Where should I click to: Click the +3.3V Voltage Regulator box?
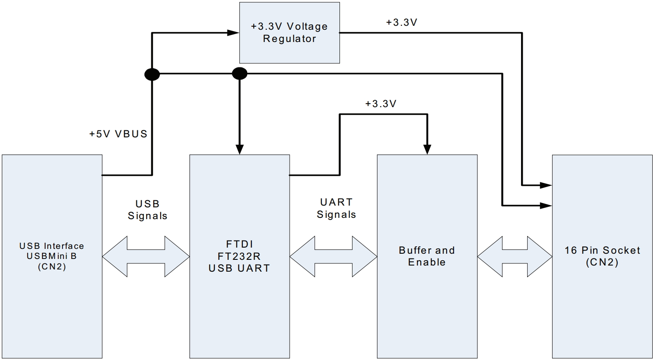pyautogui.click(x=289, y=33)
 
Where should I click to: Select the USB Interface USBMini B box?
pyautogui.click(x=52, y=256)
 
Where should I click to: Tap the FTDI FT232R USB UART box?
pyautogui.click(x=239, y=256)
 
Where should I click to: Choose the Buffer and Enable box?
pyautogui.click(x=427, y=256)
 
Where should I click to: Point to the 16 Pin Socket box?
pyautogui.click(x=602, y=256)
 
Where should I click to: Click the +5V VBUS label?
pyautogui.click(x=118, y=134)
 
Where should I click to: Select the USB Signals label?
pyautogui.click(x=147, y=210)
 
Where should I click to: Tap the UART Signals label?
pyautogui.click(x=336, y=209)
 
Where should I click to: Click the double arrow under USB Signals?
pyautogui.click(x=146, y=256)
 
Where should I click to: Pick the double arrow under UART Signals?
pyautogui.click(x=333, y=256)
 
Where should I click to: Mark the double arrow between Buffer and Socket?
pyautogui.click(x=514, y=256)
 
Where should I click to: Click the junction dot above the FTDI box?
pyautogui.click(x=239, y=74)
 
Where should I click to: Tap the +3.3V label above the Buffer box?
pyautogui.click(x=381, y=104)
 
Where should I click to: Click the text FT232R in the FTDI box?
pyautogui.click(x=239, y=256)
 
